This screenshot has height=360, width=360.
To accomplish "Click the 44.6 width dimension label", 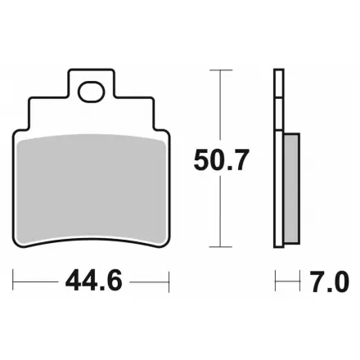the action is click(93, 281).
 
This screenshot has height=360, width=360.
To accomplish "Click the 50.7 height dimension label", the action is click(221, 160).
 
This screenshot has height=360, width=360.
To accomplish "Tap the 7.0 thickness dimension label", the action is click(330, 281).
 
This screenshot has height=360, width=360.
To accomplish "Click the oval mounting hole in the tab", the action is click(92, 92).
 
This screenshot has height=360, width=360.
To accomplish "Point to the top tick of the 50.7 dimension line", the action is click(221, 70).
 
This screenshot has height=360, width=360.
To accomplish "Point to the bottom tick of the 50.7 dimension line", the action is click(221, 247).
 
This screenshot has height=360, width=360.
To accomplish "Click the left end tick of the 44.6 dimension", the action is click(13, 281).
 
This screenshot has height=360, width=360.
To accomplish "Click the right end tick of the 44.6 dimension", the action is click(169, 281).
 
